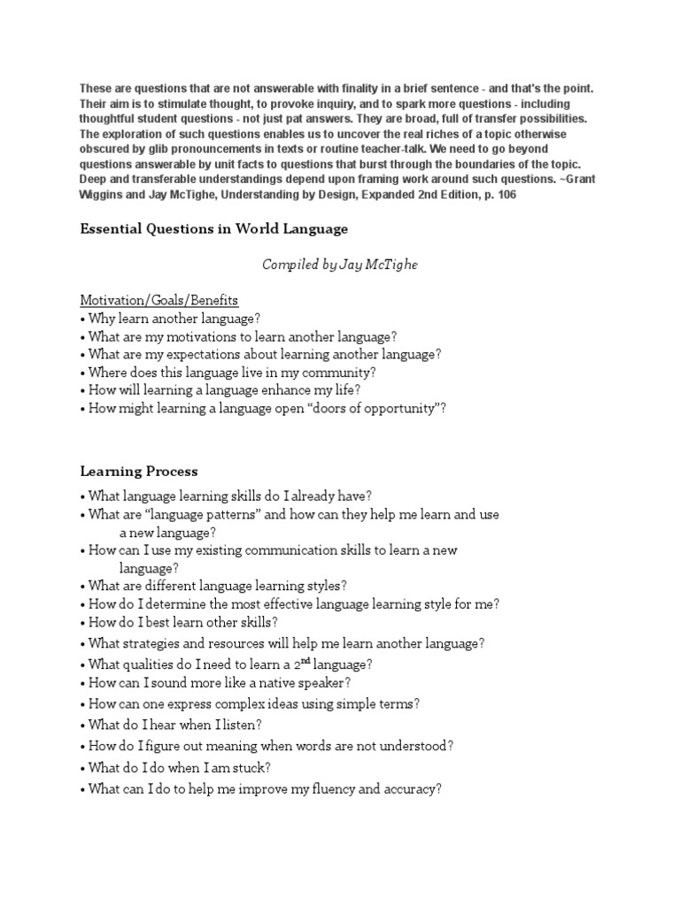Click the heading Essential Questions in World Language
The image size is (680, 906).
pyautogui.click(x=213, y=229)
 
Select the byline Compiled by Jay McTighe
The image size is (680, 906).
pyautogui.click(x=339, y=265)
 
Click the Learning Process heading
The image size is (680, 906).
pyautogui.click(x=139, y=471)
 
